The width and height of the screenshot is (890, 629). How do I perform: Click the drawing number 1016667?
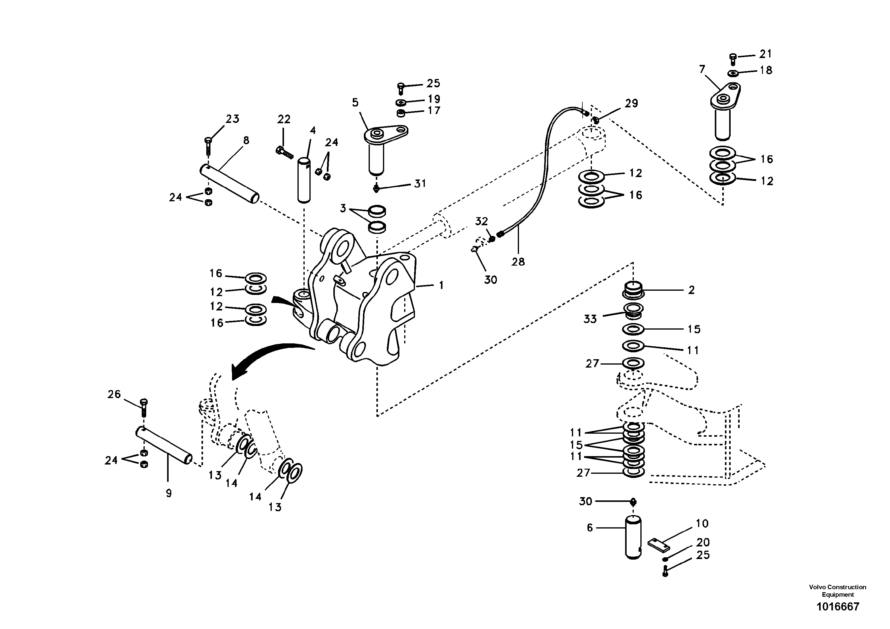point(838,607)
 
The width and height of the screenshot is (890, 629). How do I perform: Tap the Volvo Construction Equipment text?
point(837,591)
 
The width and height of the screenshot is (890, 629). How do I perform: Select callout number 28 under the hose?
point(518,262)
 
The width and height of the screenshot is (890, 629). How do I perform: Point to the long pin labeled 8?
point(230,184)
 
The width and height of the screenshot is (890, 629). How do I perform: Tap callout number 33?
point(590,319)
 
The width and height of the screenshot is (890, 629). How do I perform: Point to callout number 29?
point(631,103)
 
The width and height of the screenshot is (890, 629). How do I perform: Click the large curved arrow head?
point(238,373)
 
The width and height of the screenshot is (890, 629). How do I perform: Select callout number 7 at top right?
point(702,69)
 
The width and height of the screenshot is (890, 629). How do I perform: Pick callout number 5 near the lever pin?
point(355,103)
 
